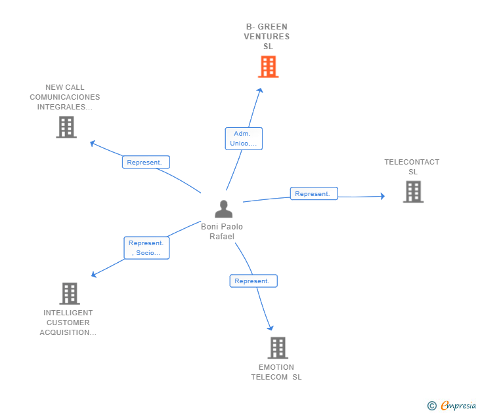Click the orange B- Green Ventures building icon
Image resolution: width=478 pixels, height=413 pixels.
(x=268, y=67)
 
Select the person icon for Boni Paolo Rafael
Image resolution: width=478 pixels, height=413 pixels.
(x=224, y=209)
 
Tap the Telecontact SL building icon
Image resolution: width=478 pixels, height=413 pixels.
(x=413, y=192)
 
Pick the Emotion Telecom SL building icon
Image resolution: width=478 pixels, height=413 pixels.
(x=278, y=347)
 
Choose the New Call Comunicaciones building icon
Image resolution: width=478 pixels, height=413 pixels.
(x=66, y=127)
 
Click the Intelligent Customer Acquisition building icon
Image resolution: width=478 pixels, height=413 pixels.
(x=70, y=294)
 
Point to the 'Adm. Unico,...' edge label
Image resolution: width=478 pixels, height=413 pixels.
(x=244, y=138)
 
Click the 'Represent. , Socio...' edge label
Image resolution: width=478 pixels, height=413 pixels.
(x=146, y=248)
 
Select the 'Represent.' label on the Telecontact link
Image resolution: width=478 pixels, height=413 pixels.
(x=314, y=193)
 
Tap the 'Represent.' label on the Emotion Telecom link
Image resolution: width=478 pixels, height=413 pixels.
(x=253, y=281)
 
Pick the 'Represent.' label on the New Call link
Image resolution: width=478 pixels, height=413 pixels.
(x=146, y=162)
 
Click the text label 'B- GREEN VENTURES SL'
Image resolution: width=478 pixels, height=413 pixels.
(x=267, y=37)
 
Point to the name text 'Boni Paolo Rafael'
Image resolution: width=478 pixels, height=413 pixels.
(x=222, y=231)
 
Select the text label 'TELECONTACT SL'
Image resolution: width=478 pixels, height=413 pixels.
(x=412, y=167)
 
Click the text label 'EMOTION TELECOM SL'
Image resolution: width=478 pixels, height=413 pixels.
(x=276, y=372)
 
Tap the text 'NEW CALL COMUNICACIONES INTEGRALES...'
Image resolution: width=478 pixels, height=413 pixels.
(x=65, y=97)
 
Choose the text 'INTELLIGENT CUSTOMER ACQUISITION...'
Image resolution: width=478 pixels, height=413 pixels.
(x=68, y=323)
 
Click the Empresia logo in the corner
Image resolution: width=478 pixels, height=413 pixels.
(x=458, y=406)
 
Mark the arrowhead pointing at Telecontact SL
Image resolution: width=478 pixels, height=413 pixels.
(x=382, y=196)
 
